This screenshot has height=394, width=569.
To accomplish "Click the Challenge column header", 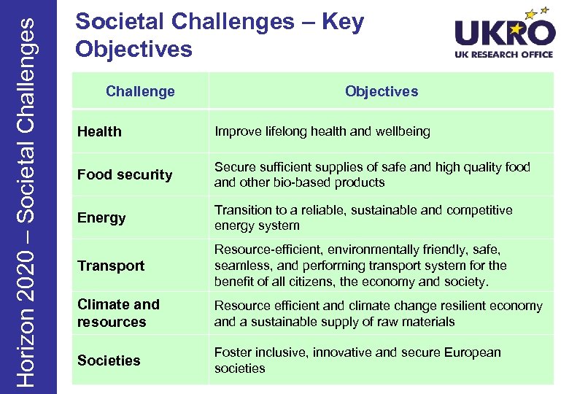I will click(140, 91).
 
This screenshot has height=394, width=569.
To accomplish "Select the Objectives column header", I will click(382, 91).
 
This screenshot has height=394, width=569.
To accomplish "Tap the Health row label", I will click(99, 131).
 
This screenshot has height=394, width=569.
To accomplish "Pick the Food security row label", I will click(125, 174).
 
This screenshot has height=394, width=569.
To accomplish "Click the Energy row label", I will click(101, 217).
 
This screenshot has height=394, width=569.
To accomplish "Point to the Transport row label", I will click(111, 266).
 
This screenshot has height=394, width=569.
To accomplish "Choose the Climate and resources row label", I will click(118, 313).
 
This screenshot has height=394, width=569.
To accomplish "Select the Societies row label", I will click(109, 360).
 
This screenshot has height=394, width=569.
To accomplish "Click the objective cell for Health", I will click(322, 131).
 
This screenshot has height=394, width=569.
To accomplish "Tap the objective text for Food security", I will click(372, 174).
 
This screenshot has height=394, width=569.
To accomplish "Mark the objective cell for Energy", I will click(363, 217).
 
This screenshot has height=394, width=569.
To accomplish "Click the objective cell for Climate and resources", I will click(378, 314).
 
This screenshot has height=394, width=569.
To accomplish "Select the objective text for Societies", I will click(357, 360).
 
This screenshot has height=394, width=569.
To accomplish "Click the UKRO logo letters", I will click(503, 33).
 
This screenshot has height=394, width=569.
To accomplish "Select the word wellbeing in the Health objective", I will click(400, 131).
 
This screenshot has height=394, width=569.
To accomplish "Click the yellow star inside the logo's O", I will click(539, 30).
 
